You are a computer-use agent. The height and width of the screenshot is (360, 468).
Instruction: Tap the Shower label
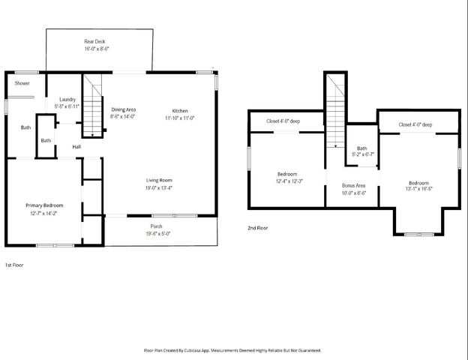22,83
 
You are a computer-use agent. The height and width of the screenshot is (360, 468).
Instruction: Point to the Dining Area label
123,109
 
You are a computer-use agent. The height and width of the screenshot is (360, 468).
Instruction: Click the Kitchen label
179,109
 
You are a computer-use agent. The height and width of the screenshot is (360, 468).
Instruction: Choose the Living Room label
159,180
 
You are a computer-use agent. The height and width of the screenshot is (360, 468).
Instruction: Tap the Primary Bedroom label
44,205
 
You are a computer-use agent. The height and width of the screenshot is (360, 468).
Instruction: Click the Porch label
156,226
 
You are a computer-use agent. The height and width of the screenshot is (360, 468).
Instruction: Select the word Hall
76,147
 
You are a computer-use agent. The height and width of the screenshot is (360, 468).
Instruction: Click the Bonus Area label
353,185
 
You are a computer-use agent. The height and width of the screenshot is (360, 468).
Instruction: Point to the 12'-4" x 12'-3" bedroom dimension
288,181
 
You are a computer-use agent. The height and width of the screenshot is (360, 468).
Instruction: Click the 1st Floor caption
14,265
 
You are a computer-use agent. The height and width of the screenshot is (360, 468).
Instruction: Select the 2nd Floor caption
258,227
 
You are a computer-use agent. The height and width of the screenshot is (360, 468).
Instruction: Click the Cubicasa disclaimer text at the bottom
232,350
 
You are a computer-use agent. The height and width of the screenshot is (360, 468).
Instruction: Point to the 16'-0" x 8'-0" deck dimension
97,49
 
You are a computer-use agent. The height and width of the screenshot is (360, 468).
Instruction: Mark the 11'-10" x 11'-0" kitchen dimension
180,118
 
